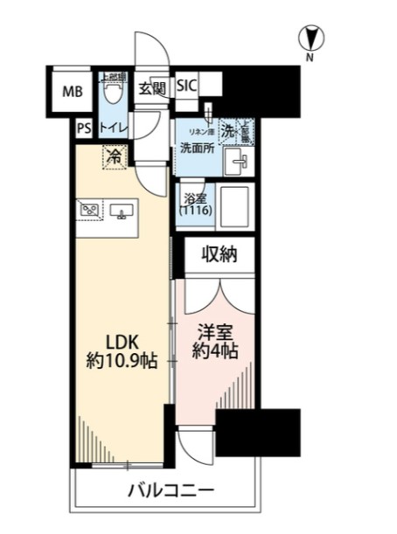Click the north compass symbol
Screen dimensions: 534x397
(310, 38)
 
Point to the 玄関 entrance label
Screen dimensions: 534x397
(152, 88)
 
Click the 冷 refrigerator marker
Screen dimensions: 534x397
(115, 158)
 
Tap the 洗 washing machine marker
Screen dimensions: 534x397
(227, 131)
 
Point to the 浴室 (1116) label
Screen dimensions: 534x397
(192, 205)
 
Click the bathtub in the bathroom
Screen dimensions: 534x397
(233, 206)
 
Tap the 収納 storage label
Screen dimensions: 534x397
(219, 256)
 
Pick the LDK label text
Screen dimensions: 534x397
(120, 340)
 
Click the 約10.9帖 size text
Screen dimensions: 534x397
(120, 360)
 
